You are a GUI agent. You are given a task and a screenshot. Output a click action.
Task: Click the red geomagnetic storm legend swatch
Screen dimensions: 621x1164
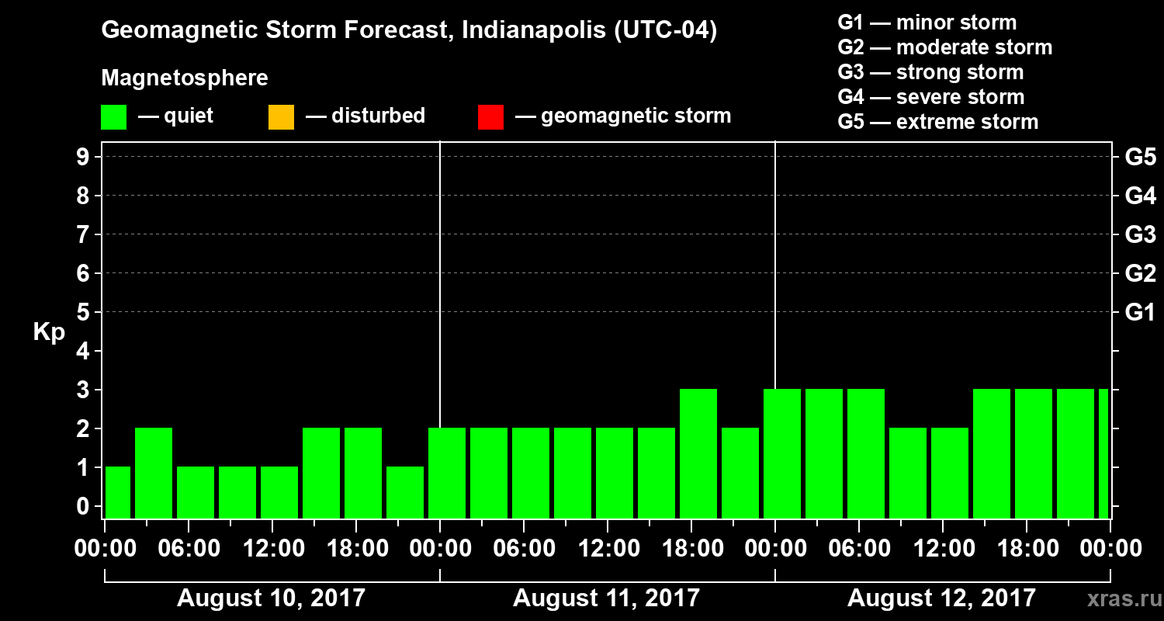[x=490, y=116]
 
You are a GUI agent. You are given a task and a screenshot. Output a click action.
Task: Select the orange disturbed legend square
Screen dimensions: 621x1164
[x=281, y=116]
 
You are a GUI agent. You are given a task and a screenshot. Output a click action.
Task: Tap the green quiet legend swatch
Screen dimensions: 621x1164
[x=113, y=116]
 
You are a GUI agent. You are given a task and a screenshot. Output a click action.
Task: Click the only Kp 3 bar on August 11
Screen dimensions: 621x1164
[x=698, y=453]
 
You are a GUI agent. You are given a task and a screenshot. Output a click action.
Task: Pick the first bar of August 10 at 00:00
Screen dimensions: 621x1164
[x=118, y=492]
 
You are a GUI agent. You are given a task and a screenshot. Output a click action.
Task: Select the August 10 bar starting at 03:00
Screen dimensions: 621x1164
[x=154, y=473]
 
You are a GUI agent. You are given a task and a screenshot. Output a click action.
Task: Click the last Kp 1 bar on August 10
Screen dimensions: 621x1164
[x=405, y=492]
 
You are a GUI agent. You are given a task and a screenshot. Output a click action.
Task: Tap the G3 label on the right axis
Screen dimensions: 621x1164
[x=1140, y=234]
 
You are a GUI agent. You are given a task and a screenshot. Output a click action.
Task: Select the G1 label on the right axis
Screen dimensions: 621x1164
[x=1140, y=312]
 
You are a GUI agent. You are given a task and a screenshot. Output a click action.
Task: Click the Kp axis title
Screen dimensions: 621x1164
[x=49, y=332]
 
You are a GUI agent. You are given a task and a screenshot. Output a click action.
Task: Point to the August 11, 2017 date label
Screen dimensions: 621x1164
[x=606, y=598]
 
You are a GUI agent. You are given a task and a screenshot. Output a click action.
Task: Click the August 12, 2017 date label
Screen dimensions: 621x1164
[x=941, y=598]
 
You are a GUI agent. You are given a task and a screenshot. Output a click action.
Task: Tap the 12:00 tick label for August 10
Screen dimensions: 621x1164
[x=273, y=549]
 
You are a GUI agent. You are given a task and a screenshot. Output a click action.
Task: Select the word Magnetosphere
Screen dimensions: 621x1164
[x=185, y=78]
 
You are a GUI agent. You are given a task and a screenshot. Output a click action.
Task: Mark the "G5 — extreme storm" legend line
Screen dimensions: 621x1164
[x=937, y=122]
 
